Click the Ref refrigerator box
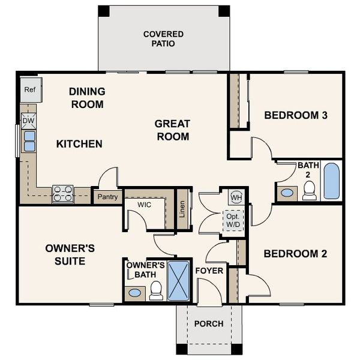(x=29, y=90)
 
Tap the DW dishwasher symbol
(x=28, y=121)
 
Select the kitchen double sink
(x=28, y=140)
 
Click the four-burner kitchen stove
(x=62, y=193)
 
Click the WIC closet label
(x=144, y=205)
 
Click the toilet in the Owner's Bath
(x=156, y=291)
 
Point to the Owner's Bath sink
(x=135, y=293)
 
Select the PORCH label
(x=209, y=323)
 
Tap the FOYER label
(x=209, y=271)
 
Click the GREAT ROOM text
(x=172, y=130)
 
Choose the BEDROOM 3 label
(x=295, y=115)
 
